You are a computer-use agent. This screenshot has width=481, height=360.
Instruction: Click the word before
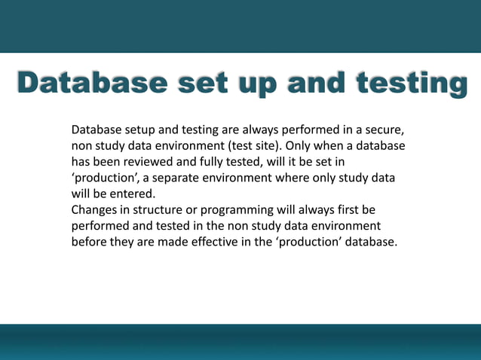90,242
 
